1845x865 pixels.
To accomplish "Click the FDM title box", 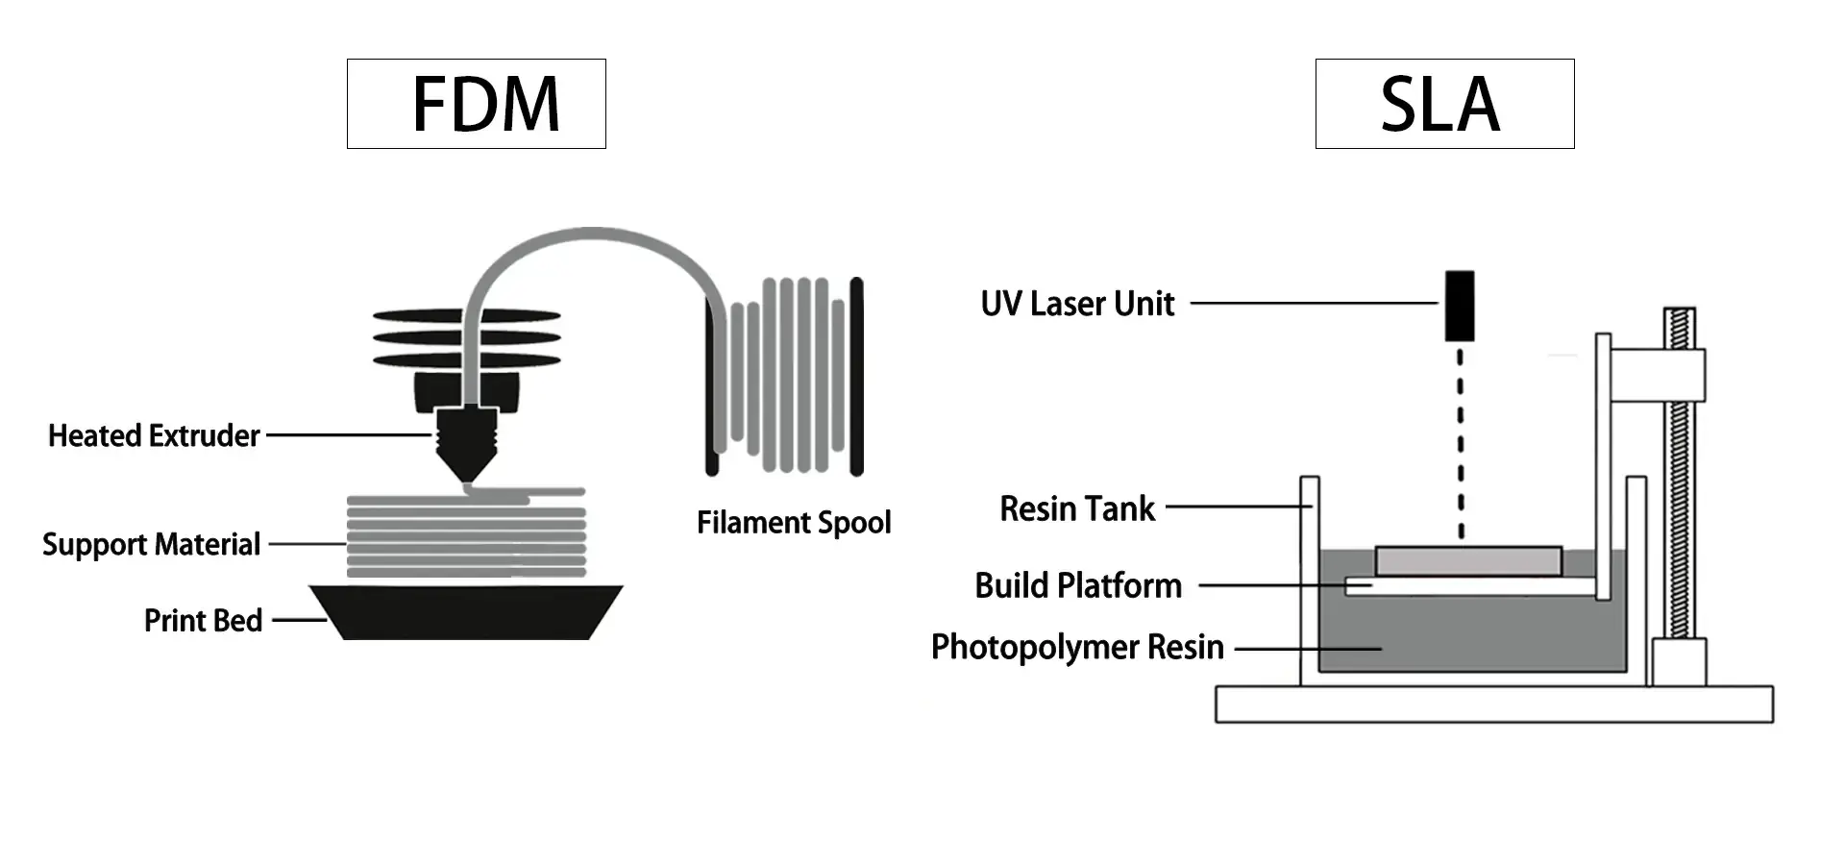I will click(477, 104).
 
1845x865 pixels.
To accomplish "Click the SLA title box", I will click(1444, 104).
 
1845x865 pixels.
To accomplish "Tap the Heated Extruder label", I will click(154, 435).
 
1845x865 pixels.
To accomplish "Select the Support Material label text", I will click(151, 544).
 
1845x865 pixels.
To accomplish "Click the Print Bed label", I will click(203, 620).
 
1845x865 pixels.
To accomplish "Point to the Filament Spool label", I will click(794, 522).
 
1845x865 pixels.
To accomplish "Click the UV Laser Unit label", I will click(1077, 304).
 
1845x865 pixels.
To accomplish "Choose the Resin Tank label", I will click(1077, 508).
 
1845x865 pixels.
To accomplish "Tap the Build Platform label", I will click(1078, 585).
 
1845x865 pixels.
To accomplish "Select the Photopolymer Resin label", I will click(1077, 647).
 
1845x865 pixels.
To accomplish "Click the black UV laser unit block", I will click(1460, 306).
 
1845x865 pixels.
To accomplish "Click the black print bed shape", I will click(466, 613).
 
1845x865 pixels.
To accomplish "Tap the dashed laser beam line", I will click(1461, 442).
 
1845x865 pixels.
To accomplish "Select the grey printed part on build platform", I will click(1467, 561).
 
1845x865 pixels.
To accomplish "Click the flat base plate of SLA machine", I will click(1493, 704).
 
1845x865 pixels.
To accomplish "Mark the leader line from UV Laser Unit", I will click(1313, 304).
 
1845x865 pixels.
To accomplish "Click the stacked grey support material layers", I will click(466, 538).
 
